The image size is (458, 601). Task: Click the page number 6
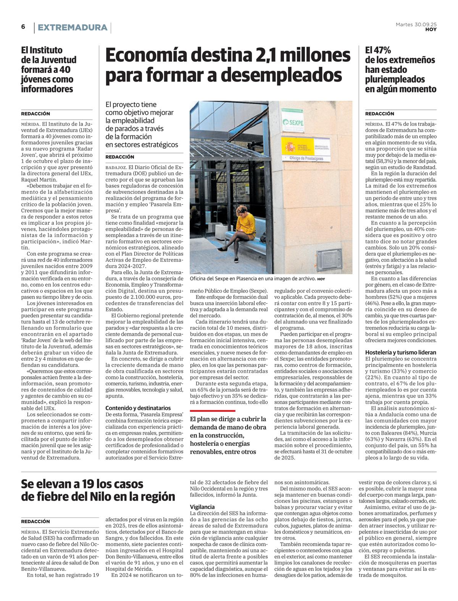(x=23, y=27)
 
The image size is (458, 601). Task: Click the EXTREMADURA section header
(x=73, y=27)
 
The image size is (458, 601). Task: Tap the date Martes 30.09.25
(x=416, y=24)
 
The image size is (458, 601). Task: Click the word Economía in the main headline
(x=144, y=55)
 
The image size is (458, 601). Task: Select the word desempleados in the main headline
(x=281, y=75)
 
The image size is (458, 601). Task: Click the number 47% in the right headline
(x=383, y=50)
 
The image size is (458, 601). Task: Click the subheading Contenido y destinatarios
(x=138, y=408)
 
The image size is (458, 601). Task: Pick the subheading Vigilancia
(x=202, y=507)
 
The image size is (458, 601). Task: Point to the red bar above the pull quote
(x=213, y=411)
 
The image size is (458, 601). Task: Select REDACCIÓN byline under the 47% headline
(x=380, y=114)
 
